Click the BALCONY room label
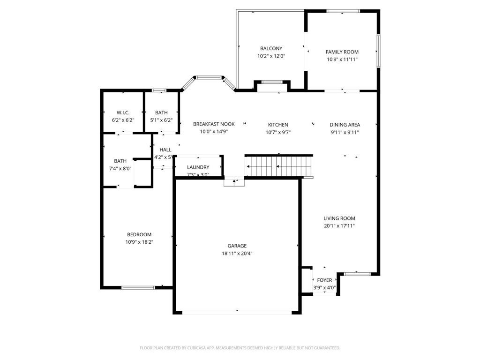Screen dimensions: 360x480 click(x=271, y=48)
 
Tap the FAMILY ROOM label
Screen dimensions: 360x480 click(x=342, y=52)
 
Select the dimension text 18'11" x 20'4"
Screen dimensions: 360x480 click(x=237, y=254)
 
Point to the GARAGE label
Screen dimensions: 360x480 click(x=237, y=246)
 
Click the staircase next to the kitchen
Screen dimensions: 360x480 click(x=279, y=166)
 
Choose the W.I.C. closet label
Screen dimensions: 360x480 click(x=123, y=112)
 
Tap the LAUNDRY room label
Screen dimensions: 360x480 click(x=198, y=167)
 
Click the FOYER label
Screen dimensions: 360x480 click(x=324, y=280)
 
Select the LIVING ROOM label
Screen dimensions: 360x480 click(x=339, y=218)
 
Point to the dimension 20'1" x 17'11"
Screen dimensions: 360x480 click(x=339, y=226)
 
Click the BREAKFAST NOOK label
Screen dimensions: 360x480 click(x=214, y=124)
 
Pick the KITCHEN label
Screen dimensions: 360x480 click(x=278, y=125)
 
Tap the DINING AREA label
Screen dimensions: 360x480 click(x=345, y=125)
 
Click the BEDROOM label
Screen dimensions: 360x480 click(x=139, y=234)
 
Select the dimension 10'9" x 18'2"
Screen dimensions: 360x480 click(x=139, y=242)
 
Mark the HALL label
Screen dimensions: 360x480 click(x=165, y=150)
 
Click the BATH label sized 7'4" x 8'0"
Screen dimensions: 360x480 click(x=120, y=161)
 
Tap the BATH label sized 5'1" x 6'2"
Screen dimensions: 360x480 click(x=161, y=112)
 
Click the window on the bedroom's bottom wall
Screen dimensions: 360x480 click(x=138, y=287)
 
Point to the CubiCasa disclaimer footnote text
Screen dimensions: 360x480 click(x=240, y=348)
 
